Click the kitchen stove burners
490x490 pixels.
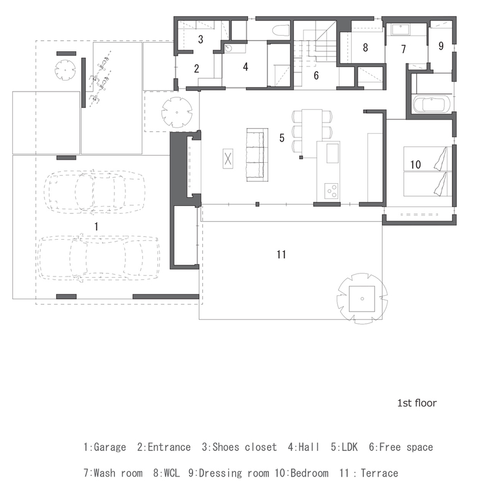coord(331,189)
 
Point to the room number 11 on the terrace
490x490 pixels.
coord(281,254)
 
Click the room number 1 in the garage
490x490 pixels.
coord(97,225)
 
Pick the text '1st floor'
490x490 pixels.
coord(416,403)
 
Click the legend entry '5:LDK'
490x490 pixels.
coord(344,447)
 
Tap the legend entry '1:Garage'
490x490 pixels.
coord(104,447)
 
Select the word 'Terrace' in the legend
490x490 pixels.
coord(379,473)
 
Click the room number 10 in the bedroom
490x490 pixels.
coord(415,165)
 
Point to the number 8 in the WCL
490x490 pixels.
coord(365,48)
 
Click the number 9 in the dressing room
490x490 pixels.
coord(440,45)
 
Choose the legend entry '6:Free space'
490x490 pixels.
coord(401,447)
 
